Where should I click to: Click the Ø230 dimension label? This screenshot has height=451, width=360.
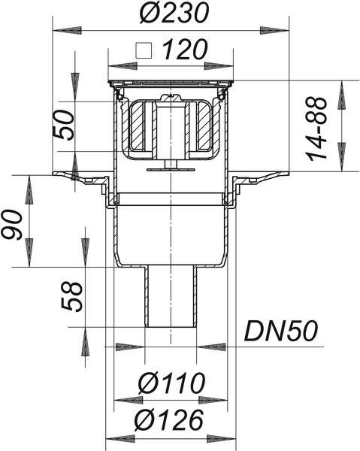pyautogui.click(x=173, y=14)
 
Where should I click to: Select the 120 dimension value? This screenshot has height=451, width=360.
pyautogui.click(x=185, y=49)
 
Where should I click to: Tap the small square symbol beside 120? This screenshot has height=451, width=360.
pyautogui.click(x=144, y=50)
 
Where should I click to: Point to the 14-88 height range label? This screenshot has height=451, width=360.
pyautogui.click(x=317, y=129)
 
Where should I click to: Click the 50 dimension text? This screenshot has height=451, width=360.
pyautogui.click(x=64, y=125)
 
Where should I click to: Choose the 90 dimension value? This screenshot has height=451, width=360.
pyautogui.click(x=11, y=225)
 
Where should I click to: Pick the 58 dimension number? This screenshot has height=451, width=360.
pyautogui.click(x=71, y=297)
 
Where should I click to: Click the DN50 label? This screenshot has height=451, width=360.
pyautogui.click(x=281, y=331)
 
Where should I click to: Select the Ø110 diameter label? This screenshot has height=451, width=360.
pyautogui.click(x=171, y=383)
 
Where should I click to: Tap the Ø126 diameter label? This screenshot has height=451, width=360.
pyautogui.click(x=170, y=420)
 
